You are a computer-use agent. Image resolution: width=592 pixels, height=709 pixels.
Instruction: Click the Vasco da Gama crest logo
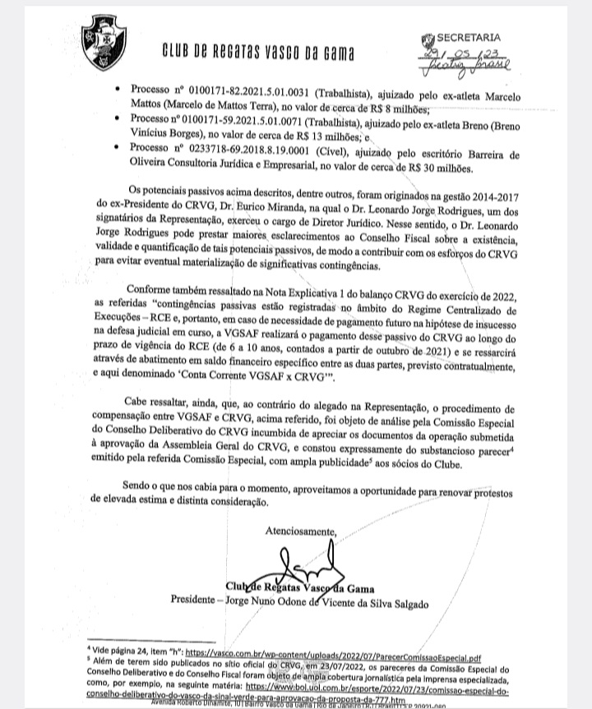tap(103, 45)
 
